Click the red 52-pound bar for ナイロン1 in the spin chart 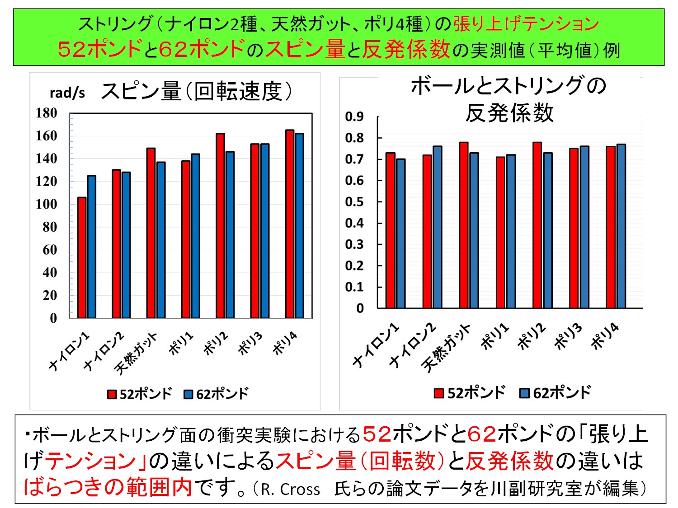(82, 257)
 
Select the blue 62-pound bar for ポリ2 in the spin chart (230, 235)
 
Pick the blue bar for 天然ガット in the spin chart (160, 240)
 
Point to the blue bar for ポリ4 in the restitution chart (621, 226)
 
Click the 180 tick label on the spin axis (47, 113)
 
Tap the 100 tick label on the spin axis (47, 204)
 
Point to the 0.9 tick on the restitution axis (354, 117)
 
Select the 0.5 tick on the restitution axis (354, 202)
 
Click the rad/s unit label (67, 93)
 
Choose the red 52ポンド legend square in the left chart (112, 394)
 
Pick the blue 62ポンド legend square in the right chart (524, 393)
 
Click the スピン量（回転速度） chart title (196, 92)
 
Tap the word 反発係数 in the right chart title (509, 113)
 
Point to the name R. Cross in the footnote (290, 489)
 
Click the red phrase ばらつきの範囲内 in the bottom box (108, 487)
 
